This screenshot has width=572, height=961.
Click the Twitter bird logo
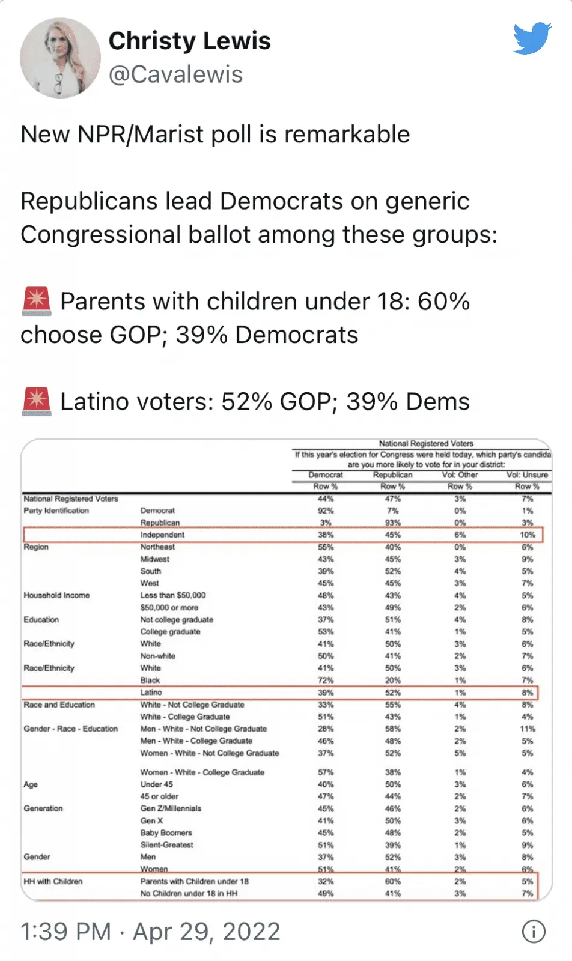tap(532, 38)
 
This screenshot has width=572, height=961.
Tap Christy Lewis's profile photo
tap(60, 58)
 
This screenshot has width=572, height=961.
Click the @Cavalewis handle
tap(175, 74)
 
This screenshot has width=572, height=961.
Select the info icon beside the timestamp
tap(534, 932)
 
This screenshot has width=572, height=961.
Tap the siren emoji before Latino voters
tap(37, 401)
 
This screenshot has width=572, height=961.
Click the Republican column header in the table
tap(392, 475)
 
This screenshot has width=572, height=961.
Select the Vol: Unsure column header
tap(527, 475)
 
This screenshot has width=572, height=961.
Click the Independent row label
tap(162, 535)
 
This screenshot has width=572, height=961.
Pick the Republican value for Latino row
tap(392, 693)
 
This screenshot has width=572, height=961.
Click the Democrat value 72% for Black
tap(326, 681)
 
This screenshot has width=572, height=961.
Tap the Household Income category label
tap(56, 595)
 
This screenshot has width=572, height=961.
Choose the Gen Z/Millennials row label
tap(171, 808)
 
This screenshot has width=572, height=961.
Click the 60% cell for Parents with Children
tap(392, 881)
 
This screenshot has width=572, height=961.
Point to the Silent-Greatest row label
tap(166, 845)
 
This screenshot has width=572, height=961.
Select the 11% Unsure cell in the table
tap(527, 729)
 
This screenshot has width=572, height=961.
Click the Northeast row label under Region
tap(157, 547)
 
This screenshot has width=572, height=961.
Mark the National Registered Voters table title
tap(426, 443)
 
